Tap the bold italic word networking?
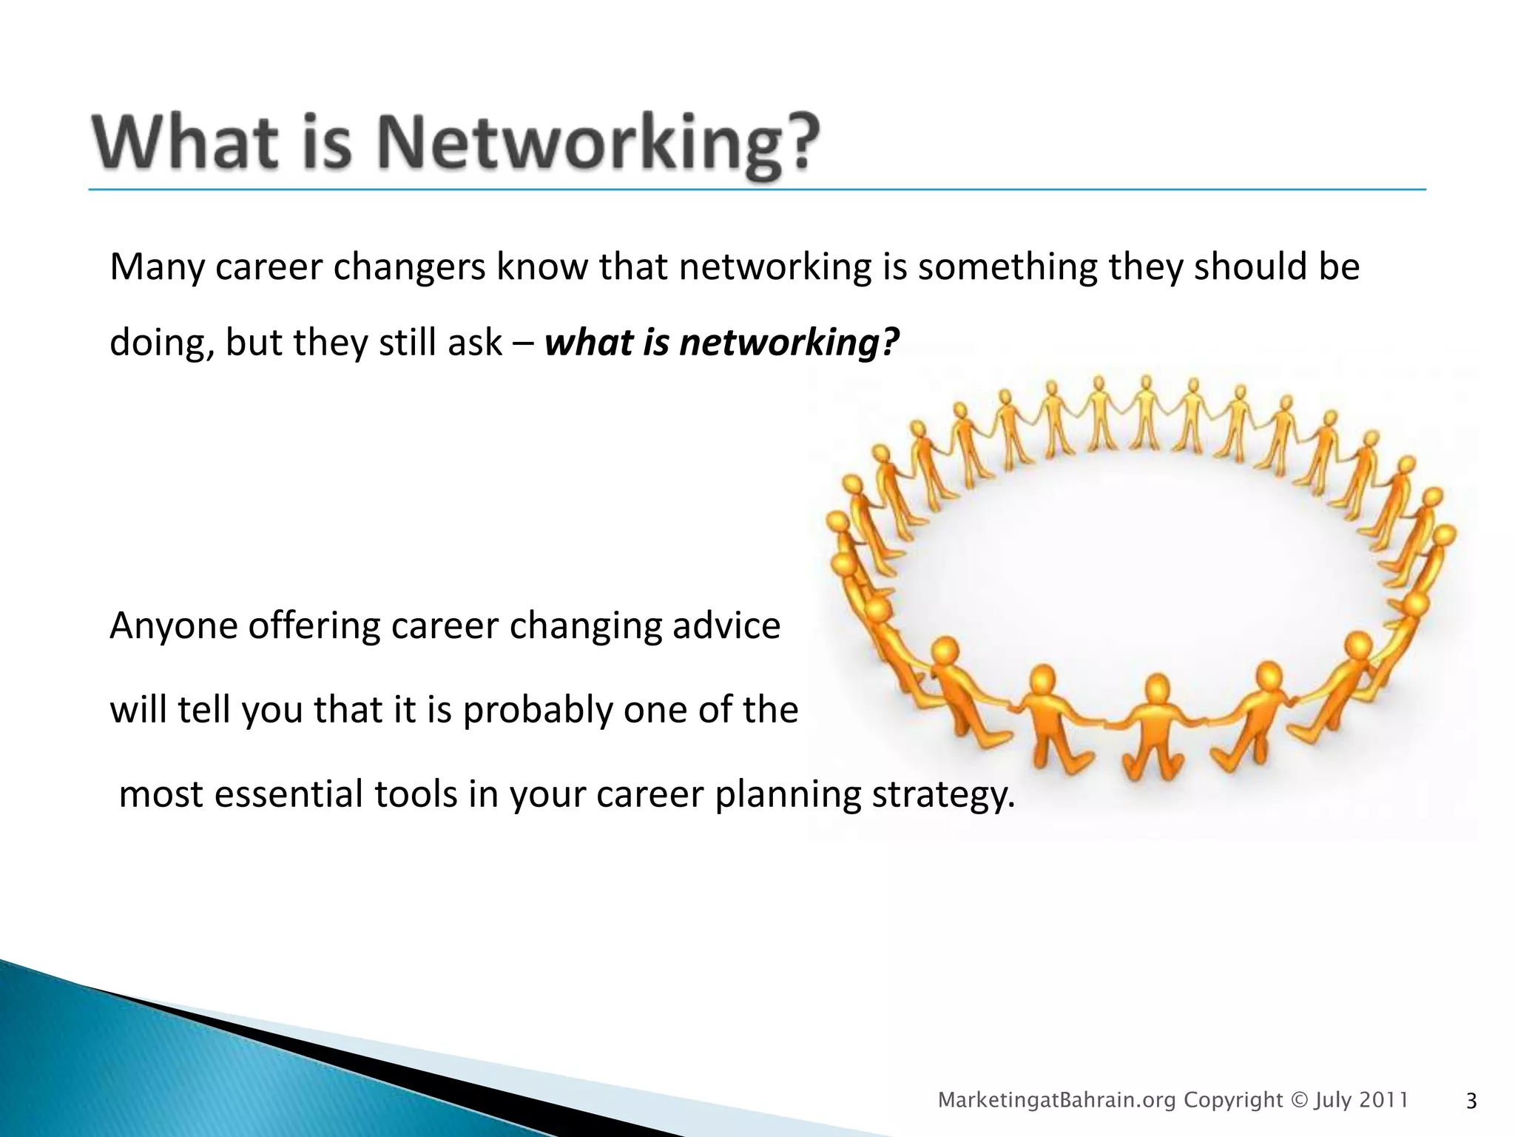789,343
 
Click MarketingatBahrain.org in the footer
1056,1101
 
